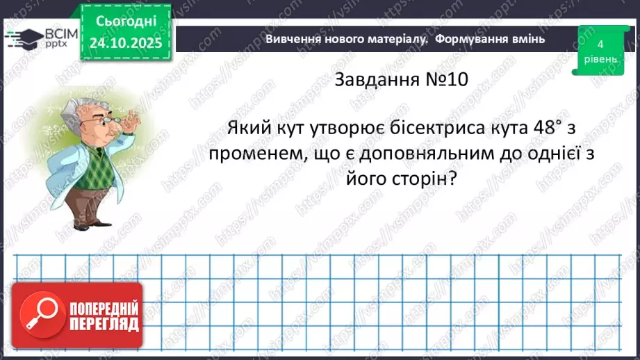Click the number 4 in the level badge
pos(600,44)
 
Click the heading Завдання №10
pos(401,80)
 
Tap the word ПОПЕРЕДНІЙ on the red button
pos(104,308)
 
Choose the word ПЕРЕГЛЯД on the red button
pos(104,324)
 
